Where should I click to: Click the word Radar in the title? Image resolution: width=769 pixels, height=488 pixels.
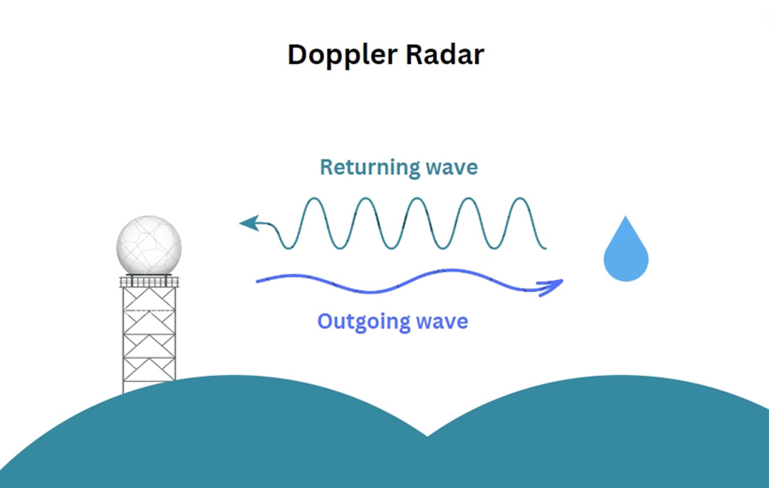click(x=445, y=54)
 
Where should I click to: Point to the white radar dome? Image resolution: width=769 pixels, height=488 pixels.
click(x=149, y=245)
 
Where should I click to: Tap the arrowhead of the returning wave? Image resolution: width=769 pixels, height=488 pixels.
click(x=250, y=223)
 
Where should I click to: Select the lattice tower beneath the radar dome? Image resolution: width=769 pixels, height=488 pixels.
click(x=149, y=339)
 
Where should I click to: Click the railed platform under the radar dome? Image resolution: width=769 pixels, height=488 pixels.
click(x=149, y=281)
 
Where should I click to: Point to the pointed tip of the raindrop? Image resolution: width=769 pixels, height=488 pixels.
click(x=625, y=217)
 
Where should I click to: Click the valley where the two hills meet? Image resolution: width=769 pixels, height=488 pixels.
click(x=427, y=435)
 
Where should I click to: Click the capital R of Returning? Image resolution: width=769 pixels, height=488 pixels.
click(x=327, y=167)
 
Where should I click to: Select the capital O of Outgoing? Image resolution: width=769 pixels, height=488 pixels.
click(x=325, y=321)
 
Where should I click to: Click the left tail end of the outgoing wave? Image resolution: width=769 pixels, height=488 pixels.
click(x=258, y=281)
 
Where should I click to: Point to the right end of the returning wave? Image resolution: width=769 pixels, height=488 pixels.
click(x=545, y=247)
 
